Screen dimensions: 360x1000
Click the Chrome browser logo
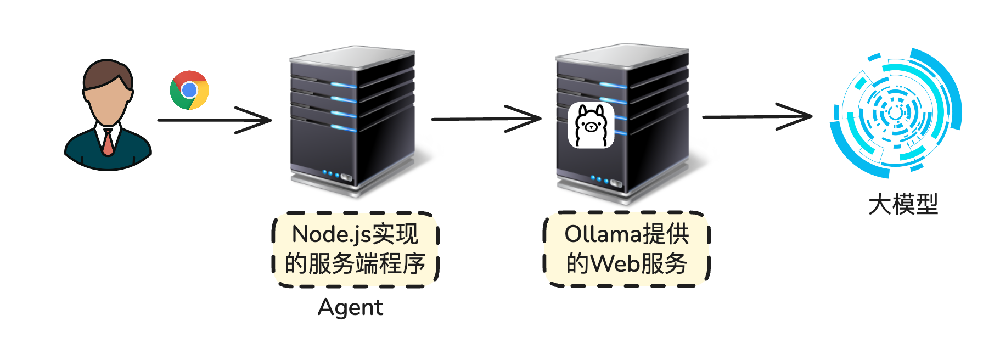(189, 90)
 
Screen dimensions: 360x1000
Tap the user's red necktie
(108, 142)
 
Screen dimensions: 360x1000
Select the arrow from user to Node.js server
(214, 120)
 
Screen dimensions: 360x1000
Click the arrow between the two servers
(486, 119)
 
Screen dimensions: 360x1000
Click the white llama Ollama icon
(591, 126)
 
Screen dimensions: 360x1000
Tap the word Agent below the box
(350, 307)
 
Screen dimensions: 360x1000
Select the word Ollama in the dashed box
(603, 234)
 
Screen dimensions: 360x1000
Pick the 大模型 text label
(903, 205)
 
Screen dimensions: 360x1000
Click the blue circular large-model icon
(895, 113)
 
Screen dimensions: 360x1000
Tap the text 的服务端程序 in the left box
(355, 264)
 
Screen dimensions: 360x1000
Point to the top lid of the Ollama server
(622, 54)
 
